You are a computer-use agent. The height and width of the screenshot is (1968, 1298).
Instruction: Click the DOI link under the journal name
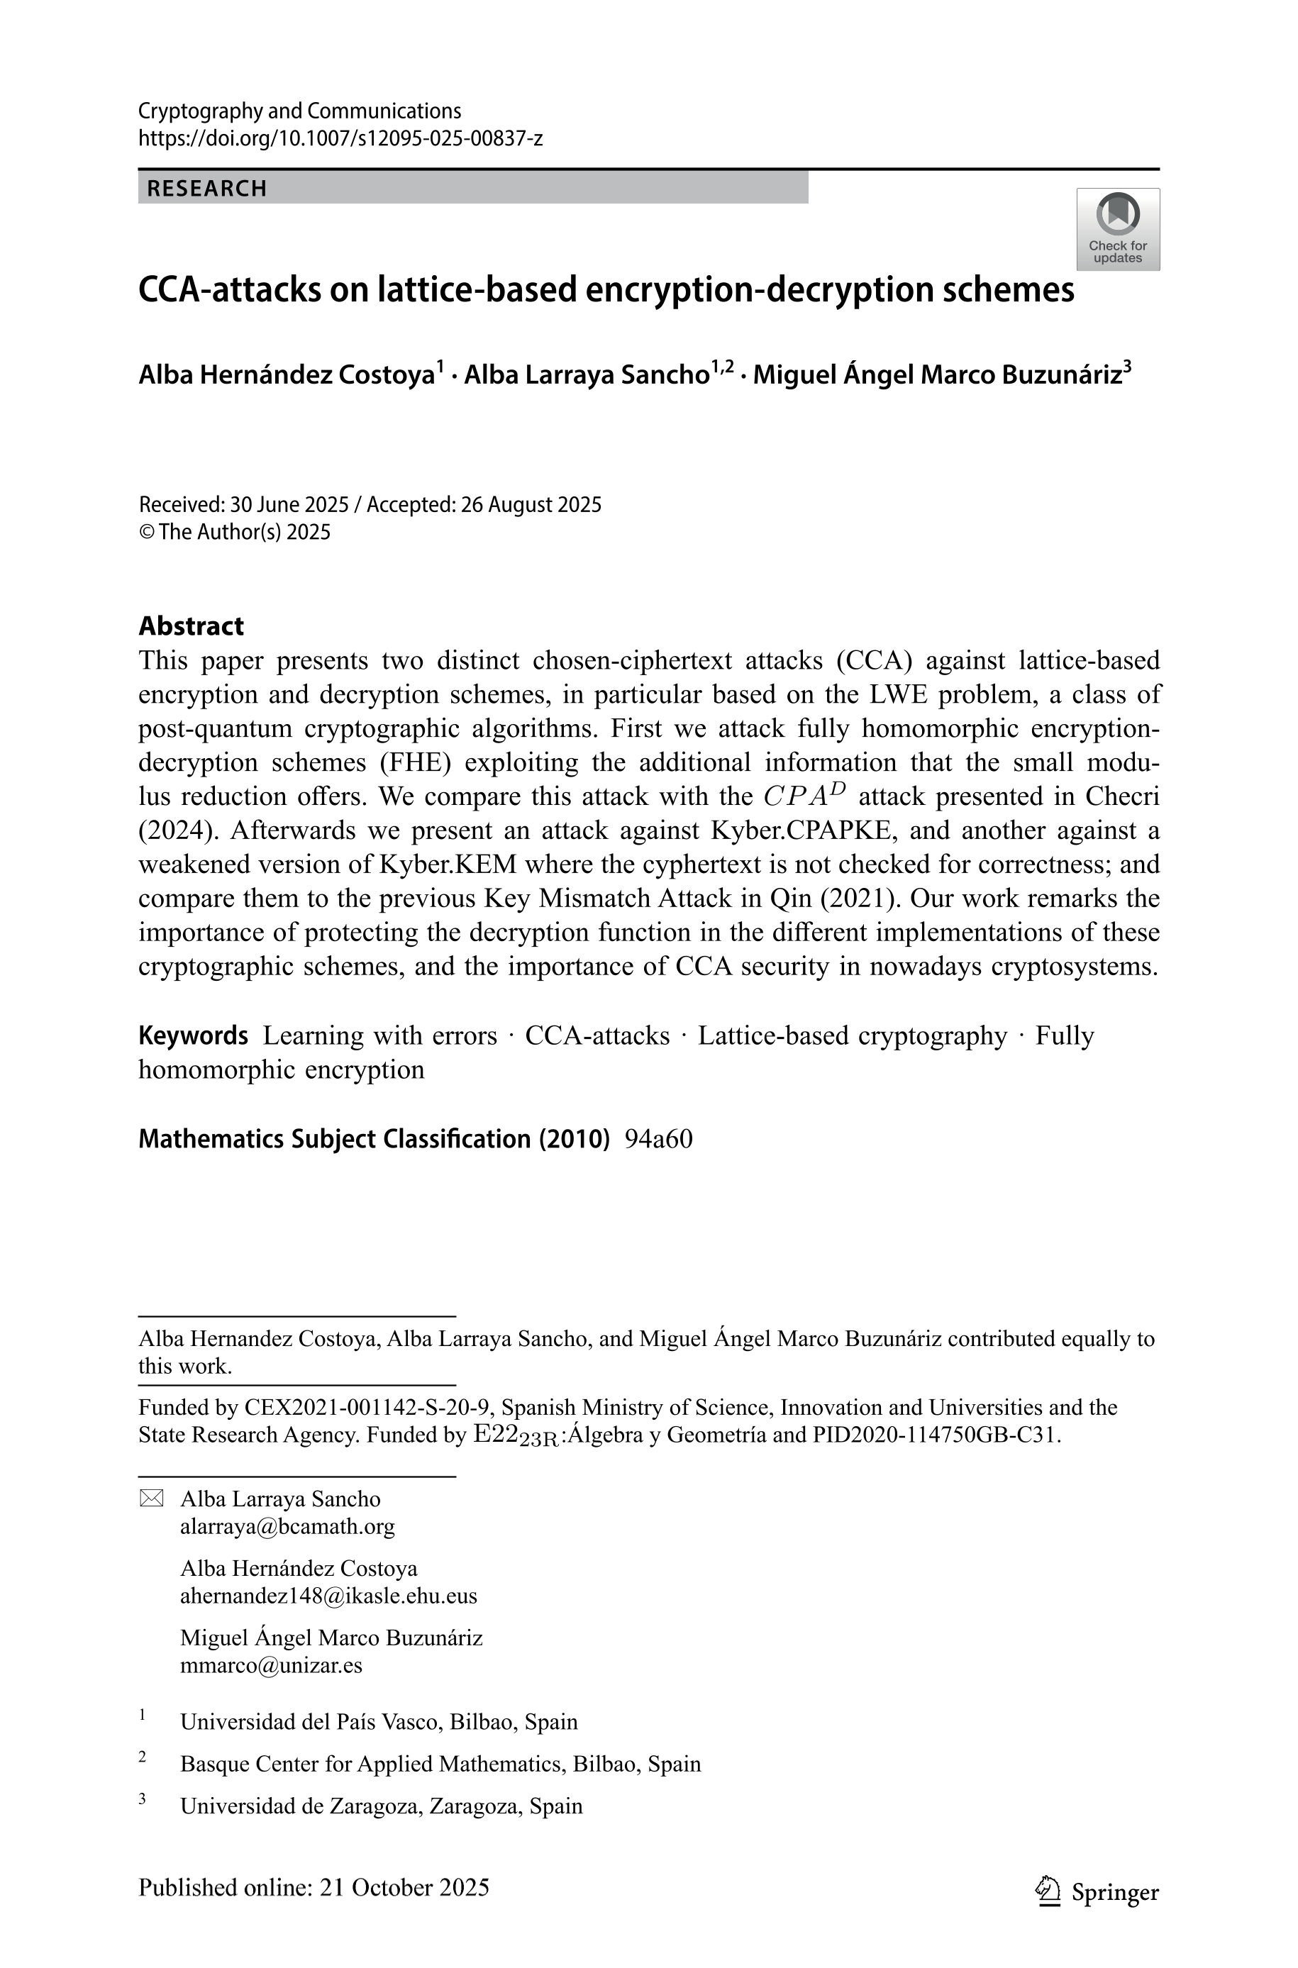340,138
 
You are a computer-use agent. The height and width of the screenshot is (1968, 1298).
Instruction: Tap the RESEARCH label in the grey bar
207,189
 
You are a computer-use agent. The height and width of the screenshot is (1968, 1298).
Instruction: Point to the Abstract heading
192,626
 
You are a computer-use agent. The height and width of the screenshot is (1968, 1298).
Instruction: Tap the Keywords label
193,1035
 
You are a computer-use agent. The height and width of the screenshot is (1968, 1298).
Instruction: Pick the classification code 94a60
658,1139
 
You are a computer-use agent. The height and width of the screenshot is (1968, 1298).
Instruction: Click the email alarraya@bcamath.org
287,1525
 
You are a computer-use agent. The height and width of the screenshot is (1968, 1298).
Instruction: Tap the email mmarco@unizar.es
271,1664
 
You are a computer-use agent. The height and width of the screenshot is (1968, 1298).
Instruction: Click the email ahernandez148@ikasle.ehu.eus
328,1595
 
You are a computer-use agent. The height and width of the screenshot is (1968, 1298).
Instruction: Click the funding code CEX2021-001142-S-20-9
368,1407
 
